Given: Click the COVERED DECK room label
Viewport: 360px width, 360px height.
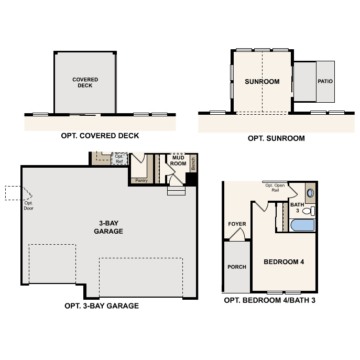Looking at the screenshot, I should pyautogui.click(x=85, y=83).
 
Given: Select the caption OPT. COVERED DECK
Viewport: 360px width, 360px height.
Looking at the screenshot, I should pyautogui.click(x=100, y=136).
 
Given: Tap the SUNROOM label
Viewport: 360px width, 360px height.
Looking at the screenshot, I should pyautogui.click(x=262, y=82).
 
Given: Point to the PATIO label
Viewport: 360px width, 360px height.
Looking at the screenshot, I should pyautogui.click(x=325, y=82).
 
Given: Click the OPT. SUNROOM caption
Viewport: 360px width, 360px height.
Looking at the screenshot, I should pyautogui.click(x=276, y=139).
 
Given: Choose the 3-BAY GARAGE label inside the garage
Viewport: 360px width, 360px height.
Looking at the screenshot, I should pyautogui.click(x=108, y=227).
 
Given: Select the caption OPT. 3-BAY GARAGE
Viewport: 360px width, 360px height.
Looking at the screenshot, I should pyautogui.click(x=101, y=306).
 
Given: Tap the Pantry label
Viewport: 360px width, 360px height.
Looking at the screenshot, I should pyautogui.click(x=141, y=180).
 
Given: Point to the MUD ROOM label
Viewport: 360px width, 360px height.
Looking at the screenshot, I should pyautogui.click(x=179, y=160).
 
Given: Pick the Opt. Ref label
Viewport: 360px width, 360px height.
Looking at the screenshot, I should pyautogui.click(x=119, y=159).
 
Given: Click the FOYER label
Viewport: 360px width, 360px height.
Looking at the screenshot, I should pyautogui.click(x=237, y=224).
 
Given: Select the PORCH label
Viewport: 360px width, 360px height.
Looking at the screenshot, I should pyautogui.click(x=237, y=267).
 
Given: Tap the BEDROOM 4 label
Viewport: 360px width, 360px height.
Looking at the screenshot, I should pyautogui.click(x=283, y=262).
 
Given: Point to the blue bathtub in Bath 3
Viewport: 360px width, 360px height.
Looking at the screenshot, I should pyautogui.click(x=301, y=226).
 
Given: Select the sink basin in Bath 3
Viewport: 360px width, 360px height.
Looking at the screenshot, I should pyautogui.click(x=310, y=193).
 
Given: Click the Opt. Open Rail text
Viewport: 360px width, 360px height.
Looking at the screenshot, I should pyautogui.click(x=275, y=188).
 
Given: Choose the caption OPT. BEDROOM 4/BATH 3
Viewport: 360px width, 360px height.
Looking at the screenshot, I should pyautogui.click(x=269, y=300).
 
